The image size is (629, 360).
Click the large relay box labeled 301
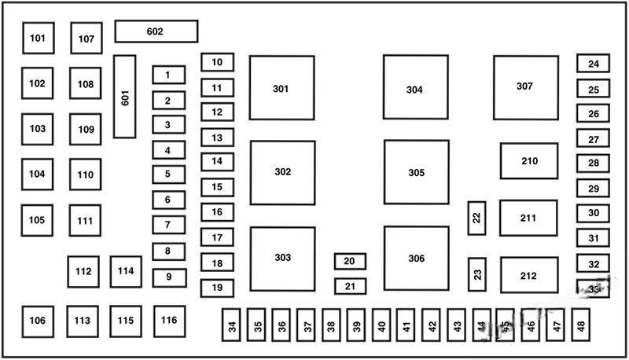tap(281, 88)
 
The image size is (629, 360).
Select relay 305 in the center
tap(416, 172)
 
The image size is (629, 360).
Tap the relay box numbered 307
tap(526, 86)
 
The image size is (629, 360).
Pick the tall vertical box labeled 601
tap(124, 96)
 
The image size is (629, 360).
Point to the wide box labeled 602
tap(156, 31)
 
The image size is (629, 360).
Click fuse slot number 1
tap(168, 75)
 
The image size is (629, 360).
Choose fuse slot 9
tap(168, 277)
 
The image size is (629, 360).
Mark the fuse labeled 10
tap(217, 62)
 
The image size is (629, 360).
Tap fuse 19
tap(217, 288)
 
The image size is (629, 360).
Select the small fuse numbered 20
tap(350, 261)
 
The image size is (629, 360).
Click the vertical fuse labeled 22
tap(476, 218)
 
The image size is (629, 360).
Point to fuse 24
tap(593, 64)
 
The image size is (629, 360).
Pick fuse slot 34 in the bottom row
tap(232, 325)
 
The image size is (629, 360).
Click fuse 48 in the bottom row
tap(580, 324)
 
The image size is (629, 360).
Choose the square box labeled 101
tap(38, 38)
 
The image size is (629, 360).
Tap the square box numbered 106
tap(38, 320)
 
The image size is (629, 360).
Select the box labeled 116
tap(168, 320)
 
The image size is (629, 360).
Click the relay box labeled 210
tap(529, 161)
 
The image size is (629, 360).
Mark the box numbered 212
tap(528, 275)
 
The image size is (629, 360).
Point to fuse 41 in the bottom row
tap(406, 325)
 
